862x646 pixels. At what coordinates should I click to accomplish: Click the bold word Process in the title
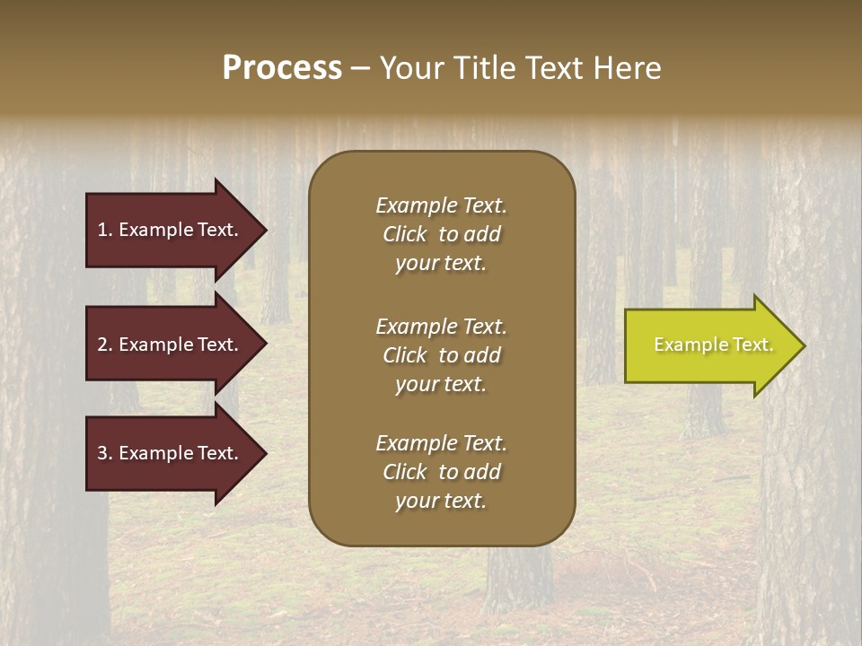(x=282, y=68)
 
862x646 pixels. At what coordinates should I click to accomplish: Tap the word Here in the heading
(x=628, y=68)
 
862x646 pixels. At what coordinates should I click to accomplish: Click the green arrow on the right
(x=709, y=345)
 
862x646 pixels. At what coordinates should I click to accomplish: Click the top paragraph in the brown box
(x=442, y=234)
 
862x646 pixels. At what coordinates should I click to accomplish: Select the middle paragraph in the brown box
(x=442, y=355)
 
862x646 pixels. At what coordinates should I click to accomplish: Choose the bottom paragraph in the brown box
(x=442, y=472)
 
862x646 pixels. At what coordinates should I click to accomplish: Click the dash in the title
(x=360, y=69)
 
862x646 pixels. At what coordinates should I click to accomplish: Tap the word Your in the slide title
(x=408, y=68)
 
